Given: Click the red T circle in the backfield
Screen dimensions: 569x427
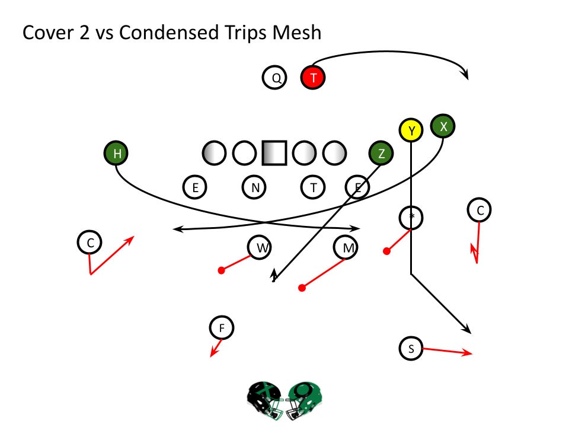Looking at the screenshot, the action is [x=313, y=77].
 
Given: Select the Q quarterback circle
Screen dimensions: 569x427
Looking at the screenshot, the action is [x=275, y=77].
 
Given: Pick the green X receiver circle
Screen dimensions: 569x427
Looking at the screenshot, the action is [x=443, y=126].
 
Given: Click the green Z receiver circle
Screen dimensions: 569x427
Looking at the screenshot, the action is [x=381, y=154].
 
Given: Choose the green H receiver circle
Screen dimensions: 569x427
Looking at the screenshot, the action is [x=117, y=154].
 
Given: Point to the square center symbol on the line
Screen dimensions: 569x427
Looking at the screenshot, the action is [x=274, y=153].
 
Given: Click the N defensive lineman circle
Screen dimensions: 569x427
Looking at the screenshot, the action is [x=255, y=187].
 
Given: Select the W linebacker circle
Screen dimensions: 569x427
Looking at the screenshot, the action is [x=260, y=248].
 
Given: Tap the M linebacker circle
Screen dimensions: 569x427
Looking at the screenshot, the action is [x=346, y=248].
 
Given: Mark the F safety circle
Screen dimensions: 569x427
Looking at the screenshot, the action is [x=222, y=327].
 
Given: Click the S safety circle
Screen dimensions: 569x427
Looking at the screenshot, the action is [x=411, y=348].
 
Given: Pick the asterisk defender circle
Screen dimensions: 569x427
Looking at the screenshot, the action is [x=411, y=217].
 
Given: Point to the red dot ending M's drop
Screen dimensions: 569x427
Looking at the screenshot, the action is [x=302, y=288].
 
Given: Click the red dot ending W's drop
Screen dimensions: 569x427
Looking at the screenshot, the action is [x=221, y=270].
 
